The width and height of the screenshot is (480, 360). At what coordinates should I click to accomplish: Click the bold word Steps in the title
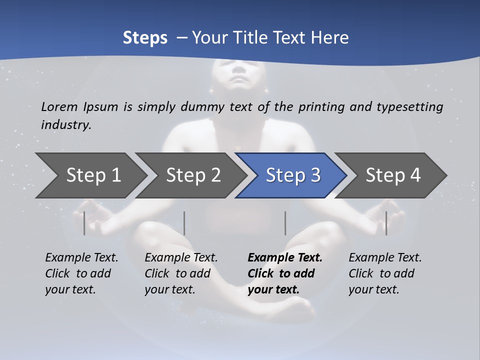tap(145, 38)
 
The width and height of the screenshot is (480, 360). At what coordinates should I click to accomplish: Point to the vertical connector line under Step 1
tap(84, 223)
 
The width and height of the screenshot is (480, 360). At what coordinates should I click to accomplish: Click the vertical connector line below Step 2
tap(184, 223)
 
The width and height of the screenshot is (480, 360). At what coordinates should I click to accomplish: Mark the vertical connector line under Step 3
tap(285, 223)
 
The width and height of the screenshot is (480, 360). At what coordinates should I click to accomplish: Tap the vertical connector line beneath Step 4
tap(386, 223)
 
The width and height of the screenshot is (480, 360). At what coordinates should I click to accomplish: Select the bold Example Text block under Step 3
tap(284, 273)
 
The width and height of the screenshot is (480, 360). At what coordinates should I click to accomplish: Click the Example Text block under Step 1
tap(81, 273)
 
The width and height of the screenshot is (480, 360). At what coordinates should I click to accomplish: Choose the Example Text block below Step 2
tap(181, 273)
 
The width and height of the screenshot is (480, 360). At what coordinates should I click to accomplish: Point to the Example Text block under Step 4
tap(385, 273)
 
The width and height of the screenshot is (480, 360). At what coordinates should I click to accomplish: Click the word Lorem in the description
tap(59, 107)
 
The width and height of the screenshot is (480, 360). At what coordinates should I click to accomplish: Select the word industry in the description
tap(65, 125)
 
